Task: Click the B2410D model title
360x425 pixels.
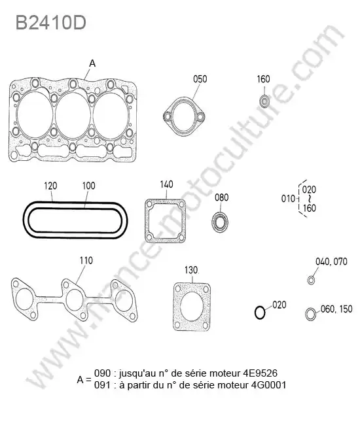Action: (x=51, y=22)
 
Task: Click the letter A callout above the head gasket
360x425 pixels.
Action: (x=92, y=63)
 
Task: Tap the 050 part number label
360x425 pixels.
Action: (x=200, y=79)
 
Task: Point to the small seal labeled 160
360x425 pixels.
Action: (x=264, y=101)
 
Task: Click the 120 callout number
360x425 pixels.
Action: (x=51, y=186)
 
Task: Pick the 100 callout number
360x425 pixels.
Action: (x=89, y=186)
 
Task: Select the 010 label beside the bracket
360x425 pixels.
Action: (x=288, y=199)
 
